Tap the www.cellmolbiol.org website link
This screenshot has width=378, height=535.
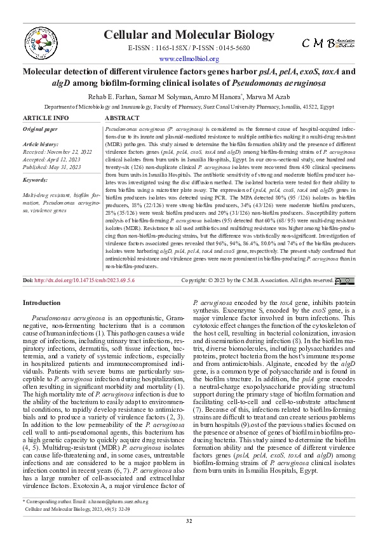(x=189, y=59)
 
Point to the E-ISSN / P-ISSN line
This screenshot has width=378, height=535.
(x=189, y=48)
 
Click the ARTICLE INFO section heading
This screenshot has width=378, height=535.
(x=46, y=118)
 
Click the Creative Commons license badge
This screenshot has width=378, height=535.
(x=345, y=298)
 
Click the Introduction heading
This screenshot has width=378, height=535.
(x=42, y=321)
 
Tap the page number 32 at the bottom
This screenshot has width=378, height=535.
(x=189, y=521)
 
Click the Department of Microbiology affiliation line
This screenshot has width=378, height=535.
(x=189, y=108)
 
